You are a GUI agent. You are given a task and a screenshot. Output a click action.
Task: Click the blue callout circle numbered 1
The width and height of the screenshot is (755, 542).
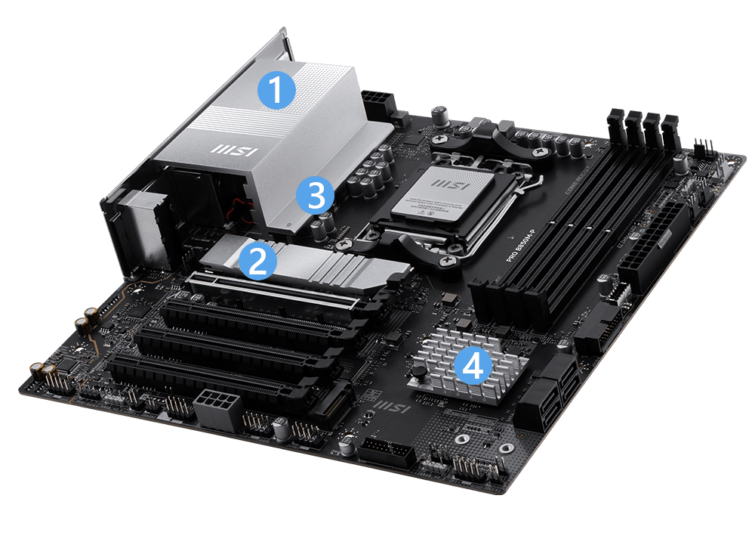(x=276, y=91)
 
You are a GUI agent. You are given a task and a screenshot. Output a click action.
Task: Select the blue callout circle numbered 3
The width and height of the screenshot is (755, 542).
(x=313, y=196)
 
